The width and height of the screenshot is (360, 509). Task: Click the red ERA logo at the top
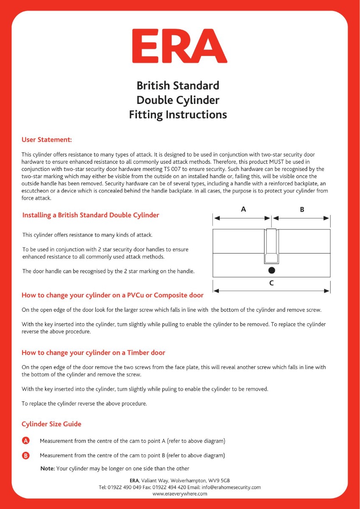point(179,46)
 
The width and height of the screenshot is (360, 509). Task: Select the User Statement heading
point(47,140)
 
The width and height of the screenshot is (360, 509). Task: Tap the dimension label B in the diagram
point(301,209)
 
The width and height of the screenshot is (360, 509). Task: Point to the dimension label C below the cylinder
point(271,283)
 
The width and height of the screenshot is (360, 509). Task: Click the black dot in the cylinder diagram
point(271,270)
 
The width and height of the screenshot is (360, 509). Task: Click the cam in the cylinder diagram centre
point(271,246)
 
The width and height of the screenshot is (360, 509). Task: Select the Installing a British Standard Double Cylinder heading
point(90,215)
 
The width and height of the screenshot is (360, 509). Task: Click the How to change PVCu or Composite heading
point(112,295)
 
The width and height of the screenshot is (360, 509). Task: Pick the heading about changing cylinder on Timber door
point(93,352)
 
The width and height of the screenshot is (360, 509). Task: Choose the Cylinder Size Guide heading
point(51,424)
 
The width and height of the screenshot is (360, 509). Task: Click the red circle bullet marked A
point(25,441)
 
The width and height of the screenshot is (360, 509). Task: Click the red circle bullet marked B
point(25,456)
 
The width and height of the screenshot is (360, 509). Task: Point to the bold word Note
point(47,468)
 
